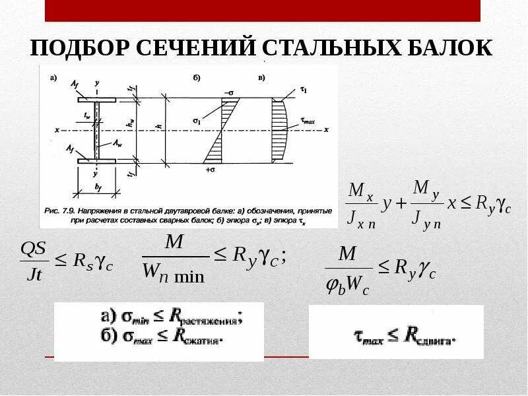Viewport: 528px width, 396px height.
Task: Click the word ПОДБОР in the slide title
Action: (79, 49)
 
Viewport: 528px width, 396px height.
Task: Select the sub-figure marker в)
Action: (262, 79)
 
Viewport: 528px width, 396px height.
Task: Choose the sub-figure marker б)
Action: (197, 79)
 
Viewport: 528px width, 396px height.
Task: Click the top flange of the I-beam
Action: (96, 100)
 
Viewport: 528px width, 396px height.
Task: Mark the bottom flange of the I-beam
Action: (96, 160)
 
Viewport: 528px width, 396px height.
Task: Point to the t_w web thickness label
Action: (86, 115)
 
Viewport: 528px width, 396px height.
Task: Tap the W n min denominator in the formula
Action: (174, 272)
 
